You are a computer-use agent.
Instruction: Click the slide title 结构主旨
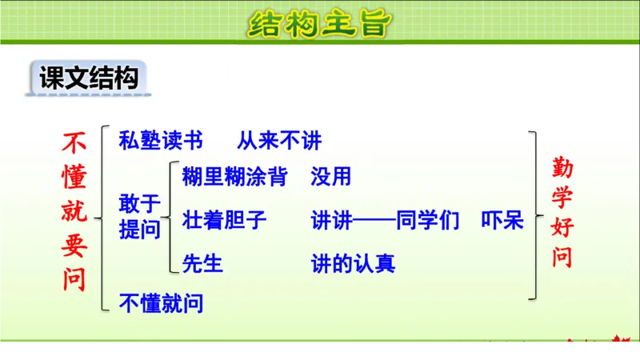320,24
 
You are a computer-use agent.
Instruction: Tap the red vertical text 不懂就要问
74,210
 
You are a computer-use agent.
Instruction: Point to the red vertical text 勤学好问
562,212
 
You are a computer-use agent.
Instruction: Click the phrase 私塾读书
161,141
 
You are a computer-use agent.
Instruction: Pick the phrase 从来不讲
278,141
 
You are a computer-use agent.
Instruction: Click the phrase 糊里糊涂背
234,176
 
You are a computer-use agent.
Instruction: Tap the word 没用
331,176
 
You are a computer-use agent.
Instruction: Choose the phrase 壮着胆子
224,220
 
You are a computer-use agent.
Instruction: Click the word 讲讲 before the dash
331,220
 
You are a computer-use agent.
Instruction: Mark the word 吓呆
502,220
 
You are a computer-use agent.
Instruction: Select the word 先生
203,262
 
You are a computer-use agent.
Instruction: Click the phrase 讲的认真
353,262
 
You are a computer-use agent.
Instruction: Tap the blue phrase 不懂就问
161,303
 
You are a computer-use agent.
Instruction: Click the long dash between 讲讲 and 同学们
374,220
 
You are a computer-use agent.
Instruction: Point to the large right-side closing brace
535,216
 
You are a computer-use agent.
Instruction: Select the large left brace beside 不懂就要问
101,217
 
